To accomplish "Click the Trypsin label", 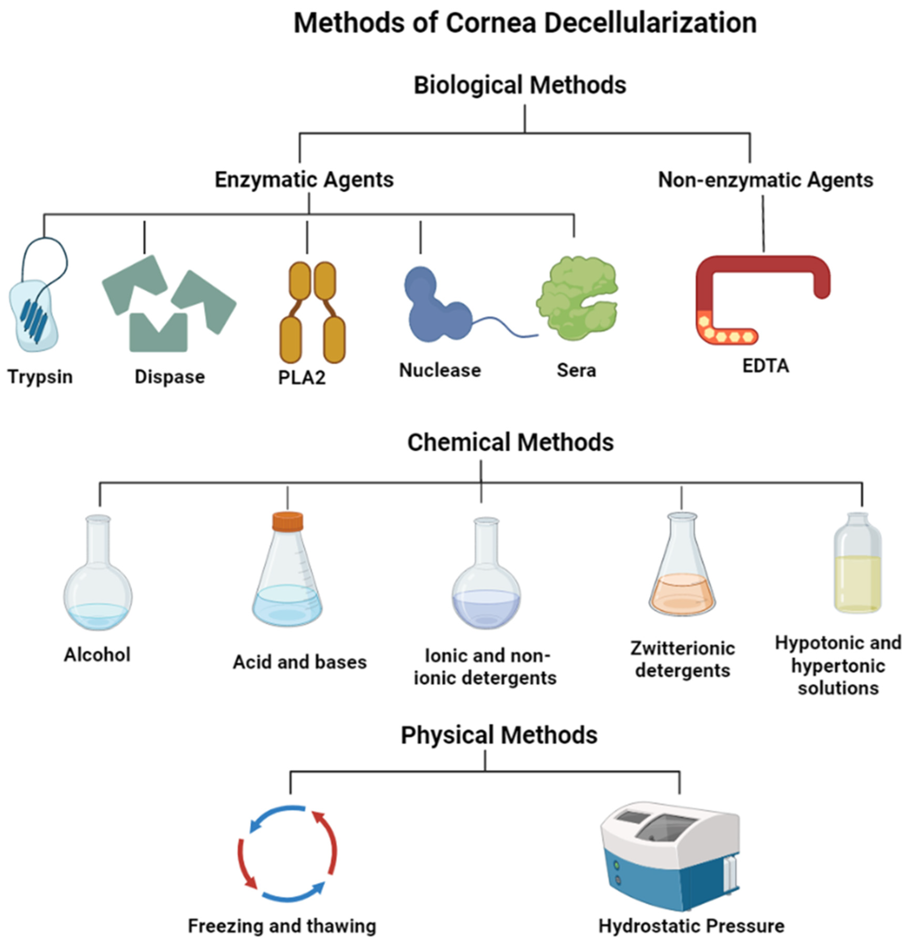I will click(x=40, y=376).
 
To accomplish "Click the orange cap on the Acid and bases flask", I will click(x=288, y=521).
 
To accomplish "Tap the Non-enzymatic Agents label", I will click(x=765, y=180).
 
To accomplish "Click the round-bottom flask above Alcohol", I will click(x=98, y=579).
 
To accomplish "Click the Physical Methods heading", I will click(x=499, y=735).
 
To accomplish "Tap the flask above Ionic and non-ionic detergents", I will click(x=486, y=579).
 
